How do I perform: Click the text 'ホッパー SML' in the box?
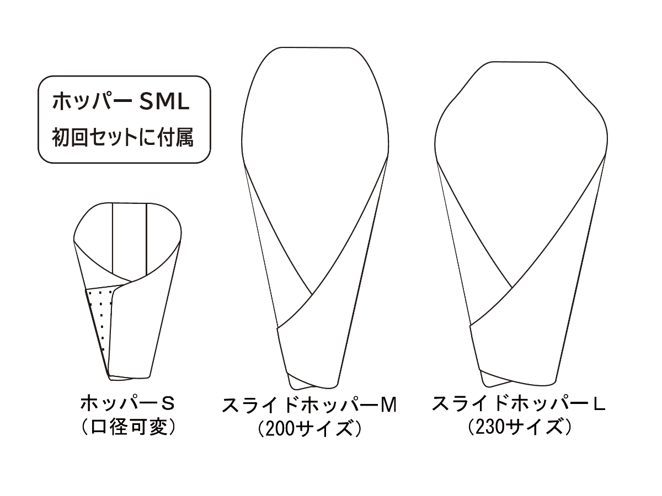tap(121, 101)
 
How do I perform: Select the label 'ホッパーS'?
tap(127, 404)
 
